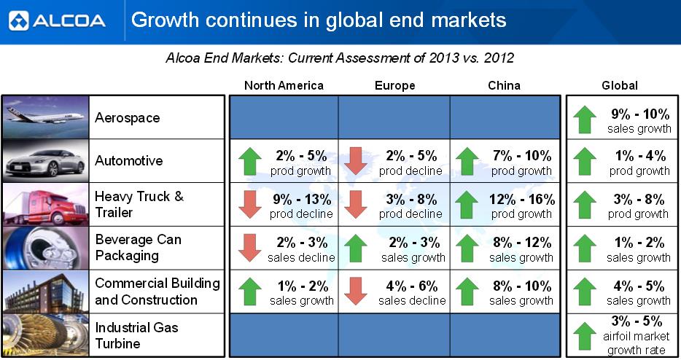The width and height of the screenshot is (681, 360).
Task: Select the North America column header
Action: coord(284,85)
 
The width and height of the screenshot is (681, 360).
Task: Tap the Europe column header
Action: coord(394,85)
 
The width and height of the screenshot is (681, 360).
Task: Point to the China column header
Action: coord(504,85)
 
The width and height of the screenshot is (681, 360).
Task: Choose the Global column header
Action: coord(619,85)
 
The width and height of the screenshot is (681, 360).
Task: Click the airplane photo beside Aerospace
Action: coord(45,117)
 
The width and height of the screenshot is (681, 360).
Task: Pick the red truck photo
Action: coord(45,204)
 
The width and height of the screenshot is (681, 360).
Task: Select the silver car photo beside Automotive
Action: coord(45,160)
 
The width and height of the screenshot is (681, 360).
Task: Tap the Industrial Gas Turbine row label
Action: coord(137,335)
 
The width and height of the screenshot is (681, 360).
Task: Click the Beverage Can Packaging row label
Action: coord(139,248)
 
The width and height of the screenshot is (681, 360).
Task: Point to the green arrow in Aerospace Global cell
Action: coord(585,119)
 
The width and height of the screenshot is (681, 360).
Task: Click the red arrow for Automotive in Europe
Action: coord(357,161)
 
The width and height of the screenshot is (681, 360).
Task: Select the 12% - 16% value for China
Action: coord(521,200)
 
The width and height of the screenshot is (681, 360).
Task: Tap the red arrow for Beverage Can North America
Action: coord(249,247)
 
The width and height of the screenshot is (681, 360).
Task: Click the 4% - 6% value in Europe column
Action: coord(411,286)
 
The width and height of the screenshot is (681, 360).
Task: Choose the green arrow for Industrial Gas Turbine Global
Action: coord(585,336)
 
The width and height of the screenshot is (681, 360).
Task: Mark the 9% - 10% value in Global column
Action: coord(639,114)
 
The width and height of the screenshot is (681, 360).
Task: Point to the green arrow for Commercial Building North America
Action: coord(249,291)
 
